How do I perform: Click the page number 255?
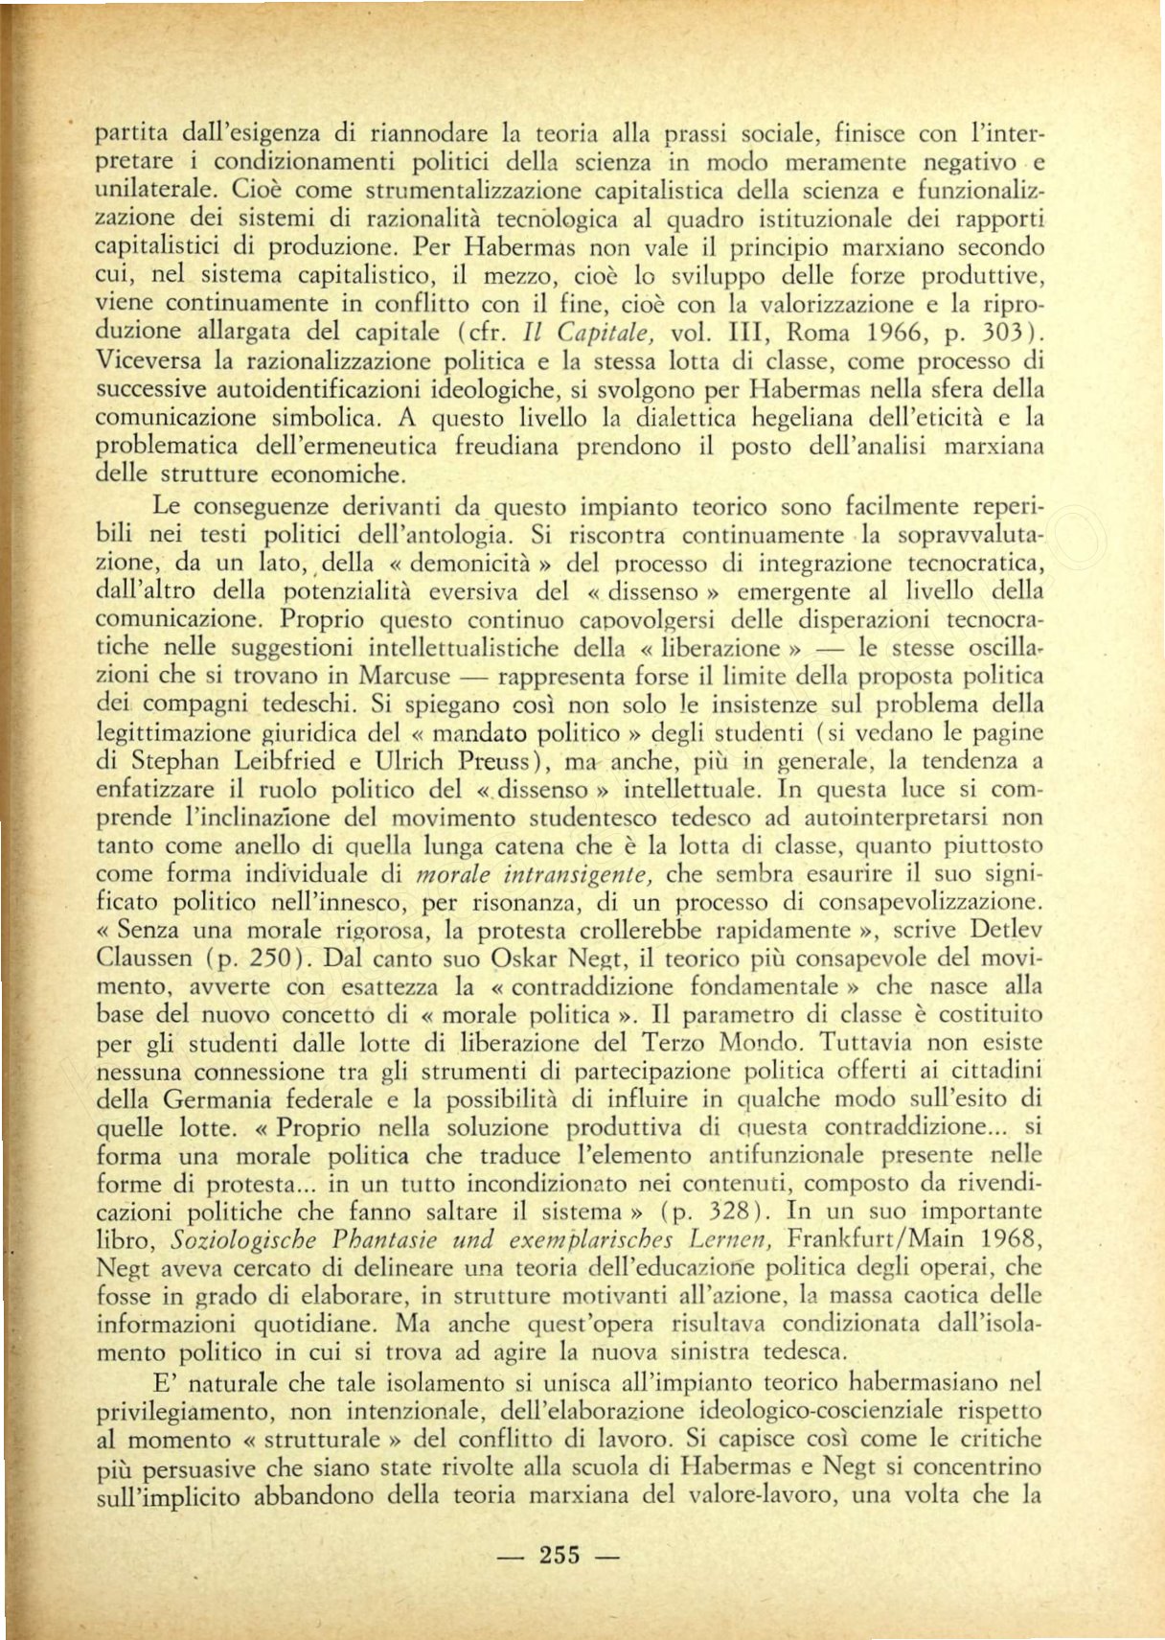click(x=560, y=1554)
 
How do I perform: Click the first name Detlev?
click(x=1006, y=930)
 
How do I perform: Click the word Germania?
click(x=218, y=1099)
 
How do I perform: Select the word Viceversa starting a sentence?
click(x=148, y=361)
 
